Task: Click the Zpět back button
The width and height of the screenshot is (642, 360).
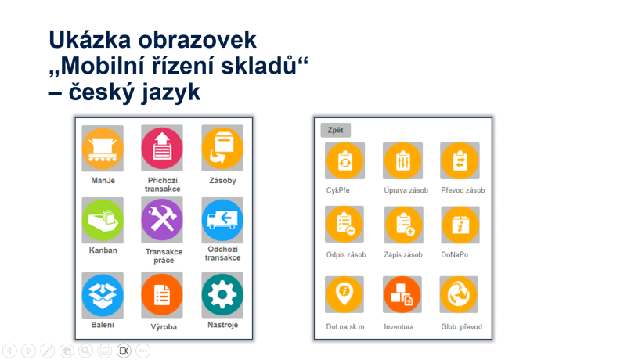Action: pyautogui.click(x=335, y=130)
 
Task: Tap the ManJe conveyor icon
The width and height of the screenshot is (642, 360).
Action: pyautogui.click(x=103, y=149)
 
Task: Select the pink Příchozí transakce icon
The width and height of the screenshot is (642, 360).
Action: pyautogui.click(x=162, y=148)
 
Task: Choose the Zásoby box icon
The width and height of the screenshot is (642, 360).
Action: pyautogui.click(x=222, y=148)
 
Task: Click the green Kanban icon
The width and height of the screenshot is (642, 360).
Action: pyautogui.click(x=103, y=221)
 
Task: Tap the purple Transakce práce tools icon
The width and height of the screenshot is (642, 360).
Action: pyautogui.click(x=162, y=220)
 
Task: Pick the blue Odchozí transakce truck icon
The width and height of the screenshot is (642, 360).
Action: pyautogui.click(x=222, y=221)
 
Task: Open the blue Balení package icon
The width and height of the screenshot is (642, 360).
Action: pyautogui.click(x=103, y=295)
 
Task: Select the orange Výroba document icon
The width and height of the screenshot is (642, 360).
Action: pyautogui.click(x=162, y=295)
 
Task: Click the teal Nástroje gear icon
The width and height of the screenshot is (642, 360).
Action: pyautogui.click(x=222, y=295)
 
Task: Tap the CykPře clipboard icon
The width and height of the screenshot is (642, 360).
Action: pyautogui.click(x=344, y=160)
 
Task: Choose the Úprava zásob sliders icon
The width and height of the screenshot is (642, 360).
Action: pyautogui.click(x=403, y=160)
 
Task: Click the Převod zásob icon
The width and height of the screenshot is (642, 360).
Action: pyautogui.click(x=460, y=160)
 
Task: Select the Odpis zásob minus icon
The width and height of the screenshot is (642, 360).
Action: pyautogui.click(x=344, y=225)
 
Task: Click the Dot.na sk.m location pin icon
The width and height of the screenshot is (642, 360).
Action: pyautogui.click(x=344, y=294)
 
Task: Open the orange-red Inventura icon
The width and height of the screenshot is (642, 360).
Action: pyautogui.click(x=402, y=294)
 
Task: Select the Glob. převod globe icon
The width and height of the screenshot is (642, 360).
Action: pyautogui.click(x=459, y=294)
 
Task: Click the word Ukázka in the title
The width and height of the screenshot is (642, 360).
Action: pyautogui.click(x=90, y=40)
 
